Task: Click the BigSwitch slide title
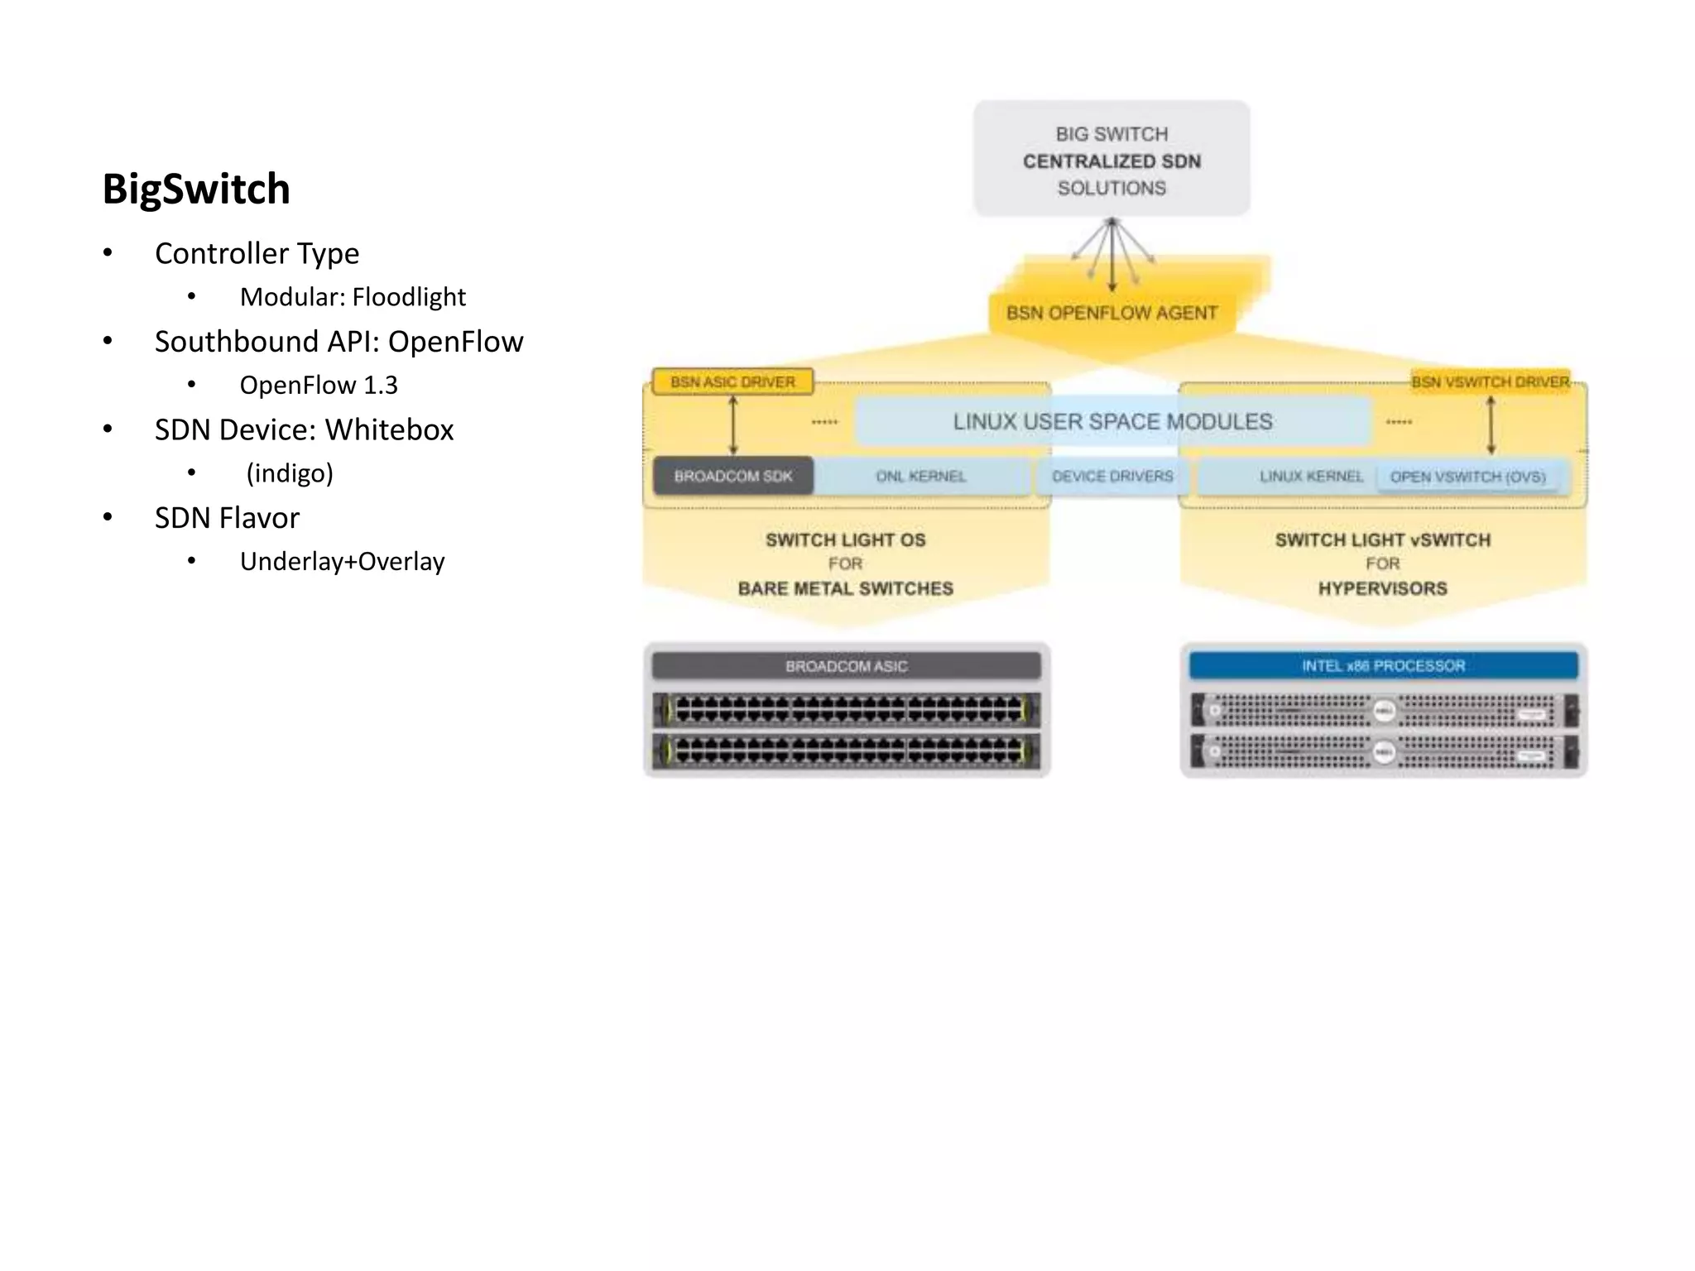pos(196,189)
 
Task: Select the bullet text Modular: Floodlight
pos(353,297)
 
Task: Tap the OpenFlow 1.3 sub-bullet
pos(319,385)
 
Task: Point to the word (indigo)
pos(290,473)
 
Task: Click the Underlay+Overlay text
pos(342,562)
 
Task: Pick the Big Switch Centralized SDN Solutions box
pos(1111,160)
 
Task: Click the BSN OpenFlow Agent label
pos(1111,314)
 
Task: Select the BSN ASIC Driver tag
pos(732,382)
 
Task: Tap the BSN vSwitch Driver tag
pos(1490,382)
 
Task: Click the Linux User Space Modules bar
pos(1112,422)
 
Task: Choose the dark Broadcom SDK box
pos(732,477)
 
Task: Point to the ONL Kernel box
pos(920,477)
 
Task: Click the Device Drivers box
pos(1112,477)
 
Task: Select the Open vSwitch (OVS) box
pos(1467,477)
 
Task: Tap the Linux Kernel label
pos(1310,477)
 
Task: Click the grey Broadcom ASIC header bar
pos(846,666)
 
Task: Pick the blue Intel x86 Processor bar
pos(1383,666)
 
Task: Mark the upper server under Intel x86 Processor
pos(1383,711)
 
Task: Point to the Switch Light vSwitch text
pos(1382,540)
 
